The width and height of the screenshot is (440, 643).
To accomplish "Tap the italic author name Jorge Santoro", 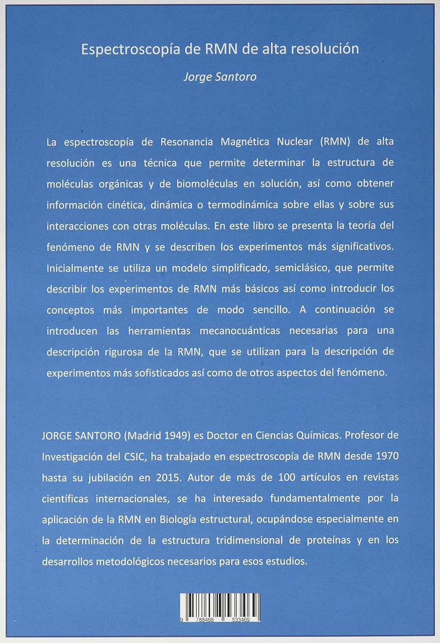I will [x=220, y=77].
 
